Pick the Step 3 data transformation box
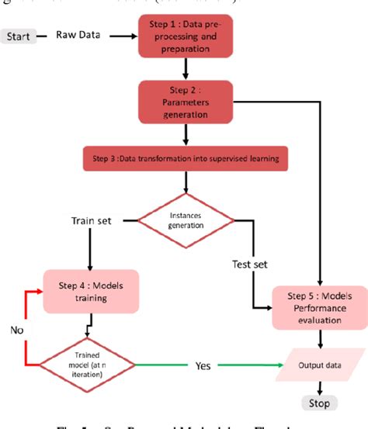pos(186,161)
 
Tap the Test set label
pos(250,265)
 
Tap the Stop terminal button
pos(318,403)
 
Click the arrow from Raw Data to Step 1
pos(123,36)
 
